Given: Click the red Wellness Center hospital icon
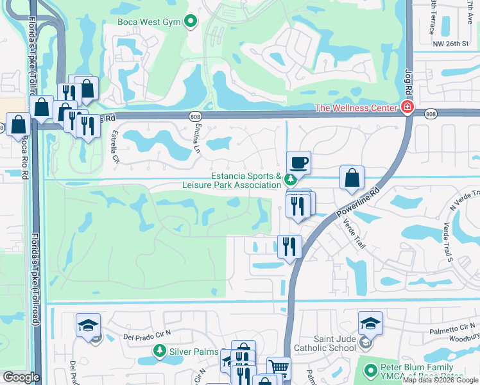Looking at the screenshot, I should (x=406, y=107).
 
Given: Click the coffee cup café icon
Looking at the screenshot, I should (x=298, y=162).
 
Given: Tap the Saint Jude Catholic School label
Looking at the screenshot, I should (x=325, y=343).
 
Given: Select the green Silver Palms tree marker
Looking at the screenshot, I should (x=159, y=351).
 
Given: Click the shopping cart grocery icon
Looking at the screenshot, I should (x=278, y=368).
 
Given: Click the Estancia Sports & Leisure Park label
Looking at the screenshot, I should (x=247, y=181).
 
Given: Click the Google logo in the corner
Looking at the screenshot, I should (x=21, y=377).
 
